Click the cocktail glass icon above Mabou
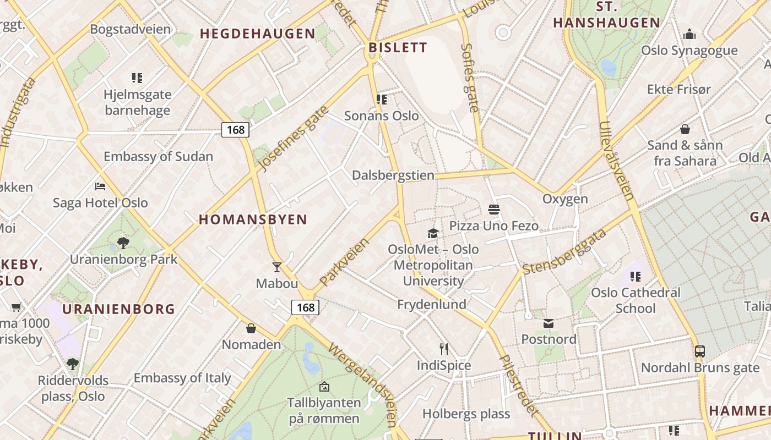[277, 267]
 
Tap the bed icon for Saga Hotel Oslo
[100, 186]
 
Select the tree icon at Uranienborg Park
[123, 243]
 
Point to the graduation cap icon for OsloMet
[433, 233]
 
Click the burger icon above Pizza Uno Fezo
[493, 210]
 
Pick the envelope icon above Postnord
[549, 323]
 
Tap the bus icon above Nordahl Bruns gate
[700, 351]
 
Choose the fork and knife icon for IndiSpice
[444, 349]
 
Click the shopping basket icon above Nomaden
[251, 328]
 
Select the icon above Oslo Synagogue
[689, 35]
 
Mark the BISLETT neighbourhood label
[398, 48]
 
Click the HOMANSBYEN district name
[253, 220]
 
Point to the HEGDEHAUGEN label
[258, 34]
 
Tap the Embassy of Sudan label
[158, 156]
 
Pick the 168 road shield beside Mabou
[305, 307]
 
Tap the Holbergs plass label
[466, 414]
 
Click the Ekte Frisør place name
[678, 89]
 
